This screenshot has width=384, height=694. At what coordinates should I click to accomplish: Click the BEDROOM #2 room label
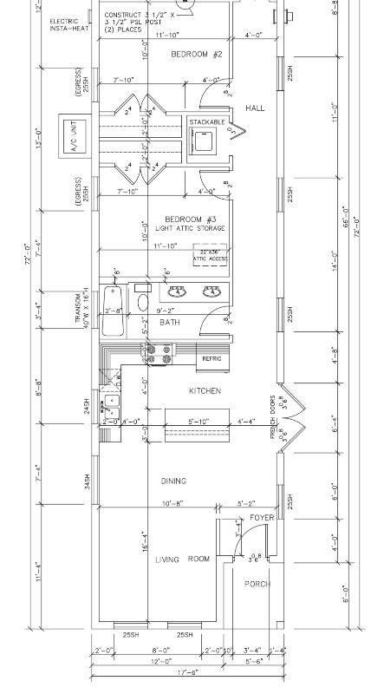coord(197,54)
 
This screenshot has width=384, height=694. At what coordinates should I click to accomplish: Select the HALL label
coord(255,108)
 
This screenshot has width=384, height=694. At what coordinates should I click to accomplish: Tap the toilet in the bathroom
coord(143,301)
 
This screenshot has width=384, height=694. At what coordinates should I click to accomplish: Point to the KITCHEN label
coord(205,391)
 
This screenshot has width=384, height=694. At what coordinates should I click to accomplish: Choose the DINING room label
coord(173,481)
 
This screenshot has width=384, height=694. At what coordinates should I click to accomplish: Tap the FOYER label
coord(261,518)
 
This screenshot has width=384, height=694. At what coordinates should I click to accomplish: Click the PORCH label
coord(257,583)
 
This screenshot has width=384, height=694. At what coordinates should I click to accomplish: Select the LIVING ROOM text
coord(183,560)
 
